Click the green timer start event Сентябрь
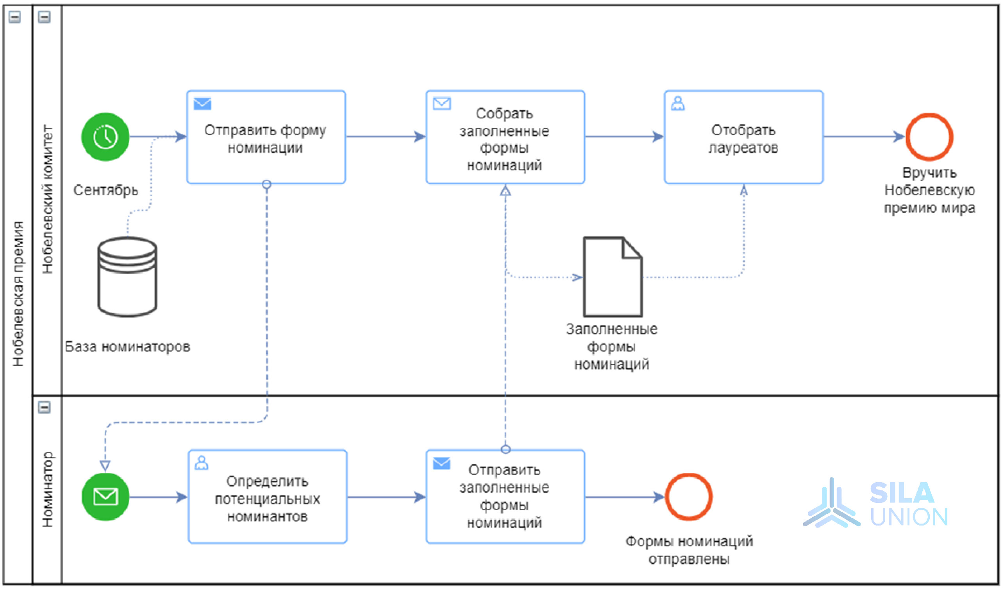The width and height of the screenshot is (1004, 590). tap(105, 137)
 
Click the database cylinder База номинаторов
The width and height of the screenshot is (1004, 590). tap(127, 277)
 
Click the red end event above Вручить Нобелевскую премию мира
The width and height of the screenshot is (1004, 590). tap(929, 137)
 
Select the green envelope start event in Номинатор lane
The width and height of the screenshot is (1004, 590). tap(105, 497)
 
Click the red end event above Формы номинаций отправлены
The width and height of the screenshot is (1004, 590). tap(689, 497)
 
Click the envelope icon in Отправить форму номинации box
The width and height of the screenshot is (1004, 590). tap(202, 104)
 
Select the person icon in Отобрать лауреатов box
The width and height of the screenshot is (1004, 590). tap(678, 104)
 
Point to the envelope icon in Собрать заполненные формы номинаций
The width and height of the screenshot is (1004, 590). tap(442, 104)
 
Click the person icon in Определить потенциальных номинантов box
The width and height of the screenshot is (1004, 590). tap(201, 463)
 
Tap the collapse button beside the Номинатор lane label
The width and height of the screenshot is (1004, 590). tap(44, 408)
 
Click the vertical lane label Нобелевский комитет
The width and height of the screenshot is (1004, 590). tap(47, 199)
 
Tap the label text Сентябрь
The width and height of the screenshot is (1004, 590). tap(105, 190)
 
